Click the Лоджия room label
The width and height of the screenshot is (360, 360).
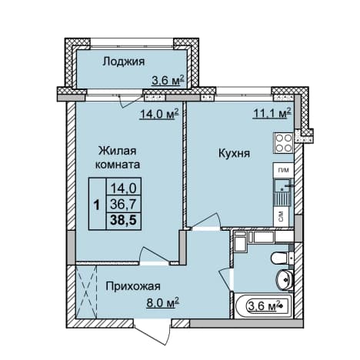[124, 62]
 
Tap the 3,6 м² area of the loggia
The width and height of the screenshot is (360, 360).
[168, 80]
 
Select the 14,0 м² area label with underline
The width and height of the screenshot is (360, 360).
[159, 114]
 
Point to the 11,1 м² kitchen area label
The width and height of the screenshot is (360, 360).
[272, 113]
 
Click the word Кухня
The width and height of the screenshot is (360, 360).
[234, 154]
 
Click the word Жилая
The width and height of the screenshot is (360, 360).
[118, 151]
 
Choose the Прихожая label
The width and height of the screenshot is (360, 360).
[133, 286]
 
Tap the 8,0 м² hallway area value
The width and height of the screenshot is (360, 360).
[162, 303]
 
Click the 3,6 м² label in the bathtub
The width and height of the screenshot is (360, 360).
[264, 306]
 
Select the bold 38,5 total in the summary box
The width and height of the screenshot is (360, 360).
[123, 220]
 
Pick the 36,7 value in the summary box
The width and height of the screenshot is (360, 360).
[123, 205]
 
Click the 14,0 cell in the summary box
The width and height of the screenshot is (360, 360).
[123, 189]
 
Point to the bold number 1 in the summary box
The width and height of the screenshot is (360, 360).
[97, 205]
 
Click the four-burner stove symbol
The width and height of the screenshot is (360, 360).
[284, 143]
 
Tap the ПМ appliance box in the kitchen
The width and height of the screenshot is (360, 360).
[284, 170]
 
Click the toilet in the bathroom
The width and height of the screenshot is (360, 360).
[282, 258]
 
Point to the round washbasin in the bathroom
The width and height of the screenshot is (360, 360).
[285, 280]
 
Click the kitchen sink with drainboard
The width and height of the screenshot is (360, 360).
[282, 192]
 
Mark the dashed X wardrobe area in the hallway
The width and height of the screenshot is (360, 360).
[87, 292]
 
